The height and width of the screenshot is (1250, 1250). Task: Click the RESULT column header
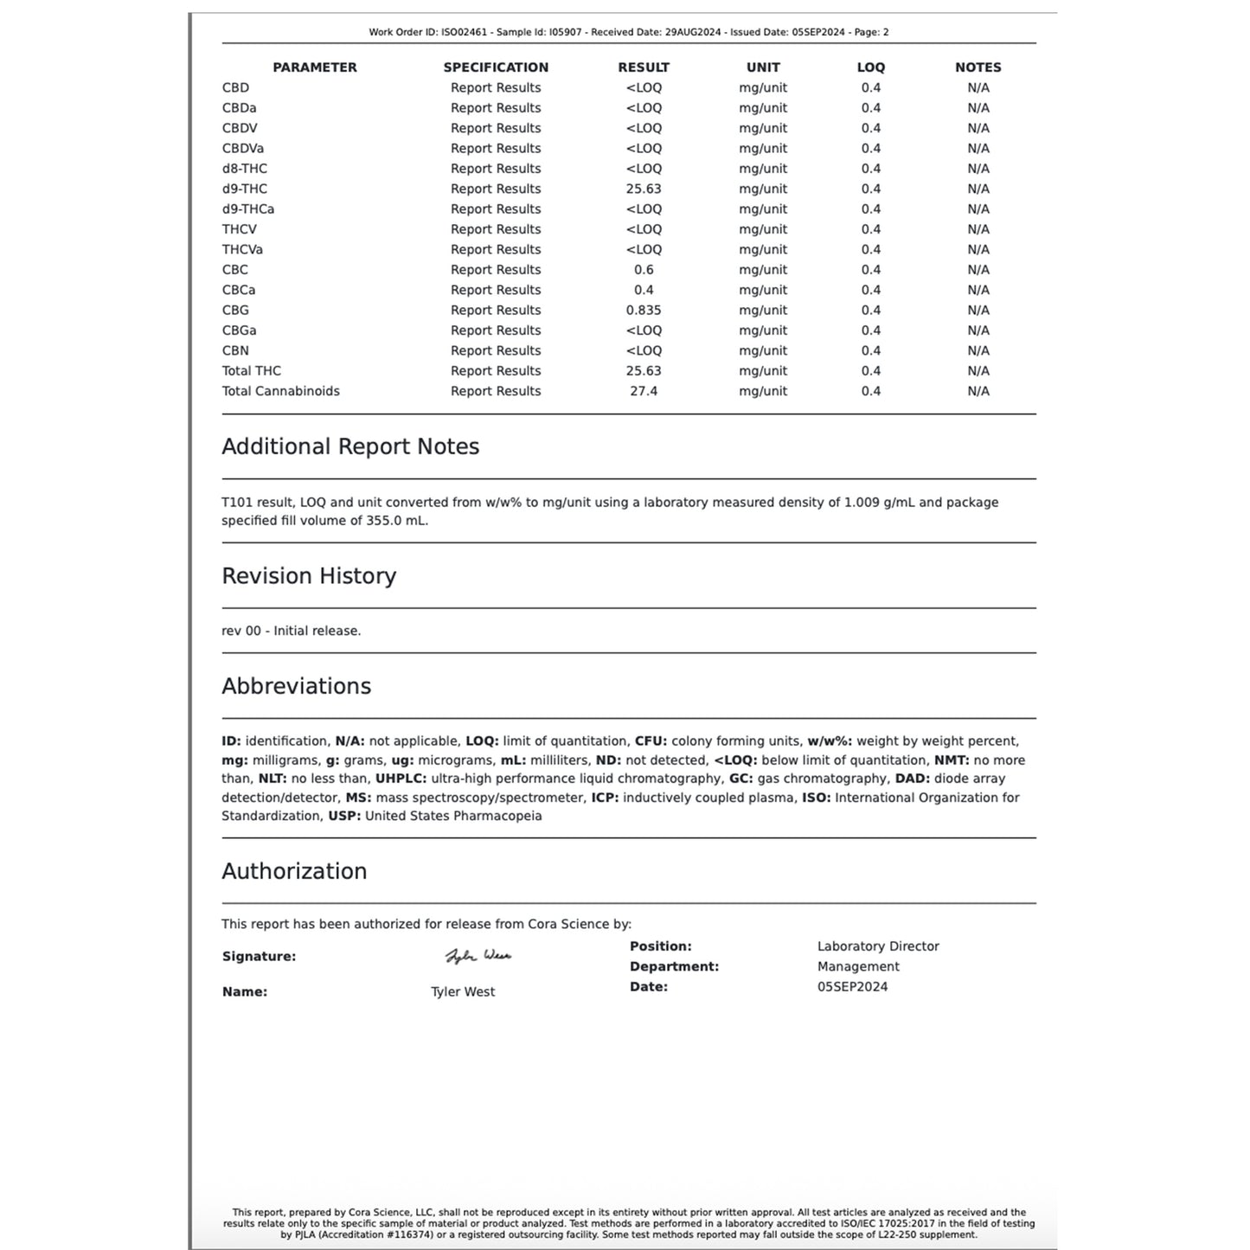(x=644, y=67)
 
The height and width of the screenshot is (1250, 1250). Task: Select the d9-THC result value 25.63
(x=644, y=189)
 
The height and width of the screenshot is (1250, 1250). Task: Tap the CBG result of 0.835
(x=644, y=310)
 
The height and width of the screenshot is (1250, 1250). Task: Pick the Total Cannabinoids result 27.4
(x=644, y=391)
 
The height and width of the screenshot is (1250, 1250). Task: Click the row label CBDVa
(x=242, y=148)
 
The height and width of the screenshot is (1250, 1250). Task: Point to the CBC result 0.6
(x=644, y=270)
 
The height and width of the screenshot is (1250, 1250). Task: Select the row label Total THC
(x=251, y=370)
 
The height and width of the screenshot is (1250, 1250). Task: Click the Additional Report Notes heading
(x=349, y=446)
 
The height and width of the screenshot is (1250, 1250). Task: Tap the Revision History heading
(x=309, y=576)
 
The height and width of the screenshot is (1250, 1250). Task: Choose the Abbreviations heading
(x=296, y=686)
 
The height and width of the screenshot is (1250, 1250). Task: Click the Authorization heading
(x=294, y=871)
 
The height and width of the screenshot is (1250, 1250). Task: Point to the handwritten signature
(x=478, y=956)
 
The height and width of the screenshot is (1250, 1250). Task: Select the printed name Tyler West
(x=463, y=992)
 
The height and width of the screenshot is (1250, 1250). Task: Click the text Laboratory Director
(x=878, y=946)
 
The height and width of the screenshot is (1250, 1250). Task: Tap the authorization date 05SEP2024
(x=852, y=987)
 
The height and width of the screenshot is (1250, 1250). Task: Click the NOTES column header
(x=978, y=67)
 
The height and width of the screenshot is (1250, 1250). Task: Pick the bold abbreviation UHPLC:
(x=401, y=779)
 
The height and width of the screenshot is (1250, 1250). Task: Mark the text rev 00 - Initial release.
(x=291, y=631)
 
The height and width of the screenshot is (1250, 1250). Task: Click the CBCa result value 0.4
(x=644, y=290)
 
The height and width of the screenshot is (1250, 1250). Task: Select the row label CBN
(x=235, y=350)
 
